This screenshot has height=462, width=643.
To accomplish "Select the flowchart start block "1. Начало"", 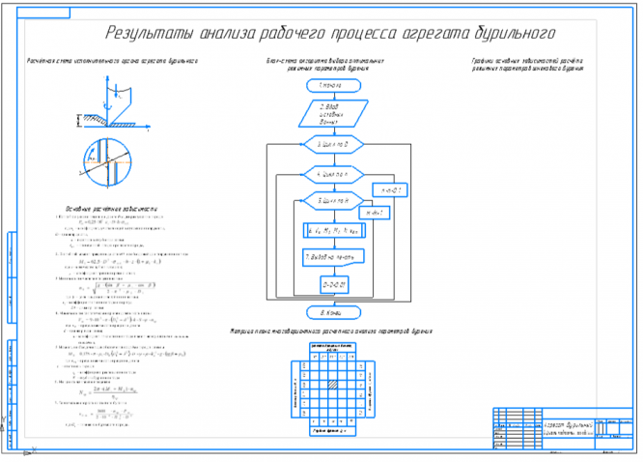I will (334, 85).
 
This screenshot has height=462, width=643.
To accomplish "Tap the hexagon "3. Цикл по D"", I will (334, 144).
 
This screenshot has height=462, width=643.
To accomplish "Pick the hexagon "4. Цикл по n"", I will (334, 173).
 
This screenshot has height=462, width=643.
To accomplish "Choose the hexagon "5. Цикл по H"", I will (334, 200).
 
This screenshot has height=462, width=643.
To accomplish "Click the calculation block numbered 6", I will (334, 230).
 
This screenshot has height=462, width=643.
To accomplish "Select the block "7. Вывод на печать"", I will (334, 257).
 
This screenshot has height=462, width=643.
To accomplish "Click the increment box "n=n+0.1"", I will (393, 190).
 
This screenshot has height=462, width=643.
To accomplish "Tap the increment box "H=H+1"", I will (374, 212).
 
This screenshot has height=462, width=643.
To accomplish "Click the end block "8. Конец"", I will (334, 312).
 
